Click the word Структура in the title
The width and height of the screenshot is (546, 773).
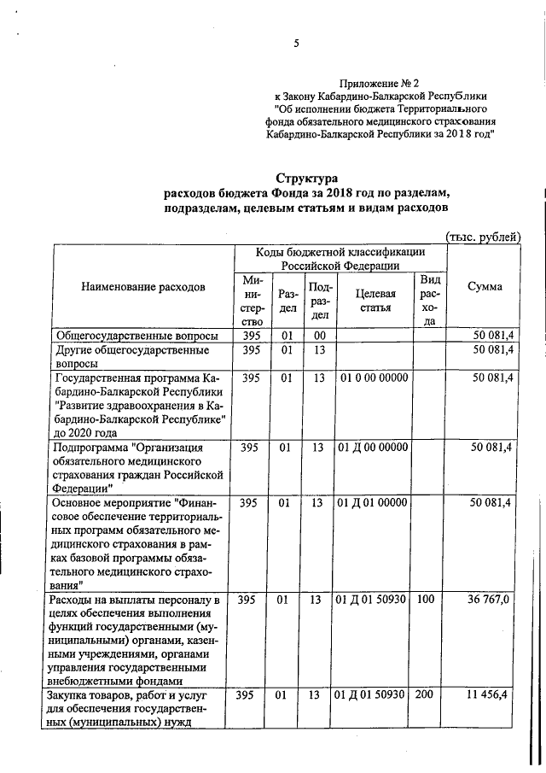click(305, 178)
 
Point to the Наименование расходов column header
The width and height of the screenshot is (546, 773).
click(143, 287)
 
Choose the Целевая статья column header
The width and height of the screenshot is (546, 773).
click(371, 299)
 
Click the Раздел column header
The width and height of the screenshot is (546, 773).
click(288, 299)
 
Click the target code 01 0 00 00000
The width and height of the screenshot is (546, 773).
click(373, 378)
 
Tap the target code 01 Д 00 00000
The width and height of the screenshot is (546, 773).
click(373, 447)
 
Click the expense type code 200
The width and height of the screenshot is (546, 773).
click(425, 696)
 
